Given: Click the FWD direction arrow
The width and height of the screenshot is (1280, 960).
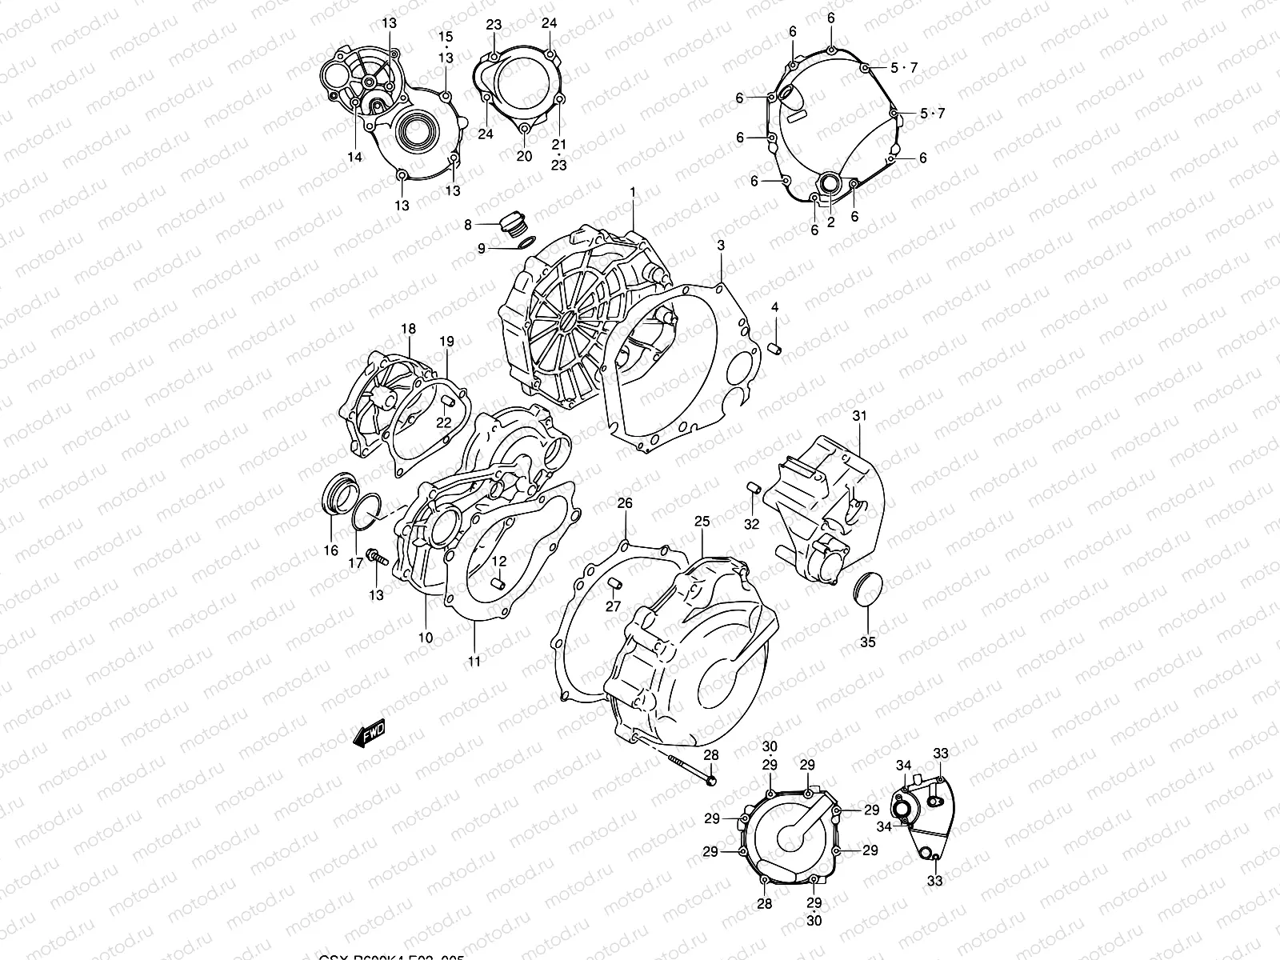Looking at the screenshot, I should [x=370, y=734].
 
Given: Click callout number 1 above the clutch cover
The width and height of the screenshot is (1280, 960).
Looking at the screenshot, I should [x=632, y=192].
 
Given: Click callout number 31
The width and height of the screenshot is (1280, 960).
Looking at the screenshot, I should [x=859, y=416].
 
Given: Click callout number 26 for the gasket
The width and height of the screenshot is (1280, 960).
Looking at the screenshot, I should [x=624, y=503].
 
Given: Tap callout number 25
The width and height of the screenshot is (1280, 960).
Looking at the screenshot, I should [x=702, y=522].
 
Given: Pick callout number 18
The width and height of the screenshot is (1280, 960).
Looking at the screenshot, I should [x=408, y=329].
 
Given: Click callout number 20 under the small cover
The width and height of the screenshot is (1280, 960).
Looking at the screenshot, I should [x=524, y=156].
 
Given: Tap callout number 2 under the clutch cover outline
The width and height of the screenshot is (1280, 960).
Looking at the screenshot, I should [x=830, y=222].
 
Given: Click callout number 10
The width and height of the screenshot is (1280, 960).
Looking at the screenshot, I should [x=425, y=638].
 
